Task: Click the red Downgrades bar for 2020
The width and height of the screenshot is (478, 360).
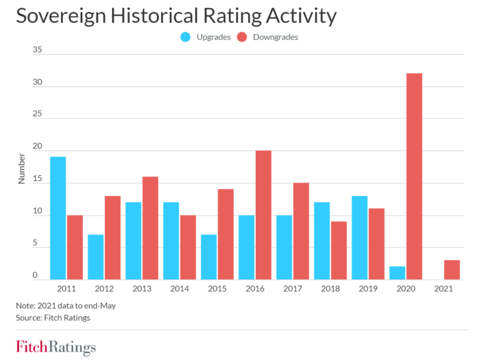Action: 414,177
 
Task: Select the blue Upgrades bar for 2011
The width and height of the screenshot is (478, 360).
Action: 58,218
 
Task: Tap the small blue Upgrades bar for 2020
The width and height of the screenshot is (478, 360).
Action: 397,272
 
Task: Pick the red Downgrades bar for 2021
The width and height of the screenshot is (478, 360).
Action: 452,269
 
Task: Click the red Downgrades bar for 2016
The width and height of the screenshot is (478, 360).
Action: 263,215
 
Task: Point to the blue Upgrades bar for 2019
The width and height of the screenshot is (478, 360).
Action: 359,238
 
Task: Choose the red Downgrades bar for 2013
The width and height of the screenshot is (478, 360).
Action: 150,228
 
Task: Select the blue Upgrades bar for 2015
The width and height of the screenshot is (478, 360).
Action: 209,257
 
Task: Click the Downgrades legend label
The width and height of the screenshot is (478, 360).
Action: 275,37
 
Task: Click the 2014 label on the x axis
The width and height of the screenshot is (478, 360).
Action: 179,289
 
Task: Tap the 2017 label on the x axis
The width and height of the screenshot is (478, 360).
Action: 293,289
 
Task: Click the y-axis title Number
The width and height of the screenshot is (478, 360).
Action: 22,168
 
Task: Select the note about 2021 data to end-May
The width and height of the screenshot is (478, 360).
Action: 66,305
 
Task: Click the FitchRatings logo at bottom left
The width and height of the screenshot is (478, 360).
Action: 56,346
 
